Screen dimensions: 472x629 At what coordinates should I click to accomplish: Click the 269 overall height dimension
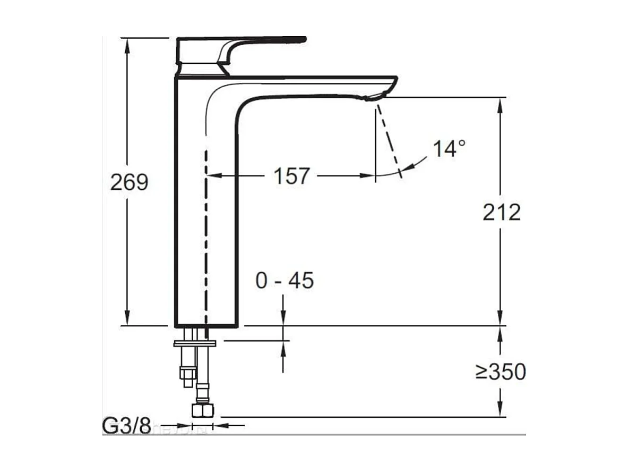[129, 182]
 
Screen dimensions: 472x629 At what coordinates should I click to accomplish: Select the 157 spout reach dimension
[291, 175]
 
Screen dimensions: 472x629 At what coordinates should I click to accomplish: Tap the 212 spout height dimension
[501, 212]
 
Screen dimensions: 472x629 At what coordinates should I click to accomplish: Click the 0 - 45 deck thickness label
[285, 281]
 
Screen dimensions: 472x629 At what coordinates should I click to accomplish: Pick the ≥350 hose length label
[501, 372]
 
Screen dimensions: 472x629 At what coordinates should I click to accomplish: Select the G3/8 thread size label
[126, 426]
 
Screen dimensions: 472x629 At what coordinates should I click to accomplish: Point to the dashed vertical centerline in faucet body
[205, 239]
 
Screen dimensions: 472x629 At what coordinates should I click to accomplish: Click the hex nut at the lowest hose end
[203, 410]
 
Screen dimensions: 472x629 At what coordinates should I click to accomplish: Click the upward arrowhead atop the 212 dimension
[501, 104]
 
